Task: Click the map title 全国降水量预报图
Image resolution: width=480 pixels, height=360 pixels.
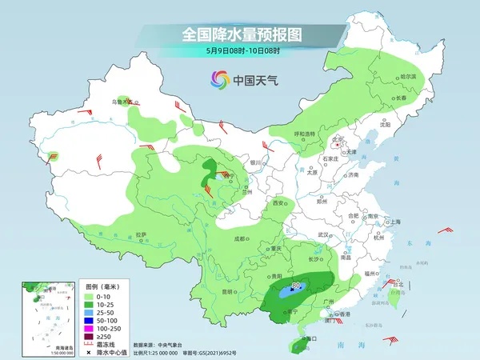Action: [x=240, y=34]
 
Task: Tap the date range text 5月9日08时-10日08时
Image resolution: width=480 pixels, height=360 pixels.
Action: [x=240, y=50]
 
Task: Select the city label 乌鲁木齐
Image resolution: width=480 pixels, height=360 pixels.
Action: [x=121, y=102]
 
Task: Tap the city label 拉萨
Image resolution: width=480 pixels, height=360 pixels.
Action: [x=142, y=234]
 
